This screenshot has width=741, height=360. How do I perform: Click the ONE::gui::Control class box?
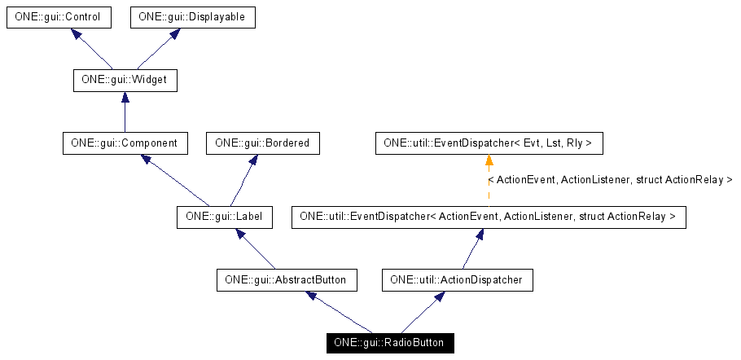(x=58, y=17)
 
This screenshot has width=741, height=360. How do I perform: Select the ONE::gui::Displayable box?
(x=193, y=17)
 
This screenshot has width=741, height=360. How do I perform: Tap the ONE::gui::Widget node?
(x=125, y=81)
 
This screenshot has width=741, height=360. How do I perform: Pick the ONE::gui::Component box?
(x=125, y=143)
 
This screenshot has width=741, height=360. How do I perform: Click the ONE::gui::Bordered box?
(x=263, y=143)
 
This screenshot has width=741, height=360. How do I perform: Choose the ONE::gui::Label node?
(x=224, y=217)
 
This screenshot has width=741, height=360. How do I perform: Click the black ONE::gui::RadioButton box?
(x=389, y=343)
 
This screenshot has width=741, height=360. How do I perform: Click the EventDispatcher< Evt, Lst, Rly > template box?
(x=489, y=143)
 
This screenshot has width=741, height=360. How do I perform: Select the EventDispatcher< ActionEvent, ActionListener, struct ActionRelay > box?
(x=488, y=217)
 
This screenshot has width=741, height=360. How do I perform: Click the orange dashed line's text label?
(x=610, y=179)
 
